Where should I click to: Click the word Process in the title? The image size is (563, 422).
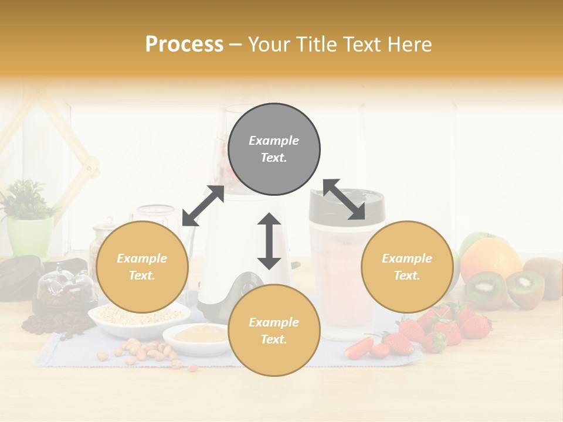(184, 45)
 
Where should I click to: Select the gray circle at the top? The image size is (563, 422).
(274, 149)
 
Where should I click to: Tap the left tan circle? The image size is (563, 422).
(142, 267)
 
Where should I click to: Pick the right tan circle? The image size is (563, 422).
(406, 267)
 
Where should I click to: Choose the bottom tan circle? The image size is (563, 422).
(274, 331)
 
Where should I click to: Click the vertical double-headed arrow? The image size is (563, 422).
(269, 241)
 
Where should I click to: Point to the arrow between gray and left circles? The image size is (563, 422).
(203, 206)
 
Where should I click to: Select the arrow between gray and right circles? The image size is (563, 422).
(344, 200)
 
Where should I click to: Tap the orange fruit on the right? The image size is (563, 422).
(490, 258)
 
